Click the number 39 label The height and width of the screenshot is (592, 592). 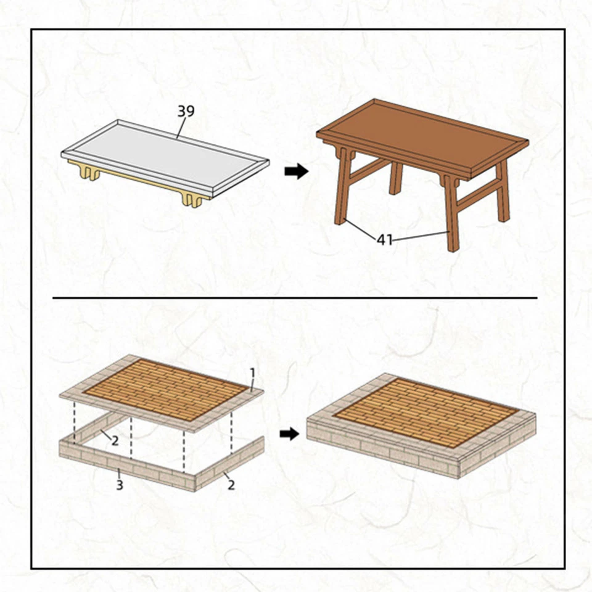point(186,112)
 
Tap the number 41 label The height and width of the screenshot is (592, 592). point(385,239)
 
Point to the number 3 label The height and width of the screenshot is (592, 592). point(119,485)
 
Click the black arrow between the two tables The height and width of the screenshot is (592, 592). point(296,172)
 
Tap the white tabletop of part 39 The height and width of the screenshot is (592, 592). point(163,157)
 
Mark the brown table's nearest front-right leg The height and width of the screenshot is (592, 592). point(453,216)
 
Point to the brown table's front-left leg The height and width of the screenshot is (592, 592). point(341,191)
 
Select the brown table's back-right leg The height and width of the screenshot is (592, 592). point(503,191)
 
